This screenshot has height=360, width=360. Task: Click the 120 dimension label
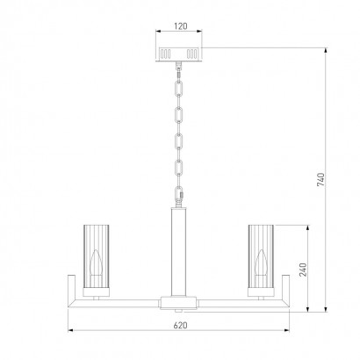click(x=180, y=26)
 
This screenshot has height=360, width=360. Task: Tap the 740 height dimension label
click(x=320, y=179)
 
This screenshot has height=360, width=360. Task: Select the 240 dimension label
click(x=303, y=270)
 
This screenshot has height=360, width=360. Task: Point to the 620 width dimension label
click(x=180, y=325)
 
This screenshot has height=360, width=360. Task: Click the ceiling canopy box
click(x=178, y=54)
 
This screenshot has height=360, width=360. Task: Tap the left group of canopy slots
click(x=165, y=54)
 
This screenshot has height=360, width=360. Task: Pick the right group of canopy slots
click(x=192, y=54)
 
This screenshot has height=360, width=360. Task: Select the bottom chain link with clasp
click(x=179, y=193)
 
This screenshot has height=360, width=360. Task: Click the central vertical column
click(x=178, y=252)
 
